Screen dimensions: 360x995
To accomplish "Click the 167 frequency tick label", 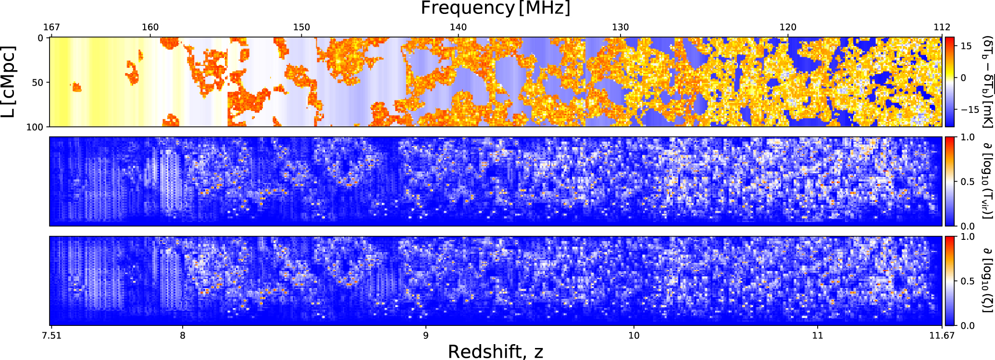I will point(51,27).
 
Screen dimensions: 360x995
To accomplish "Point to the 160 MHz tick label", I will point(150,27).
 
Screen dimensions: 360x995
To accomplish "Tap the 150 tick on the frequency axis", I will point(302,27).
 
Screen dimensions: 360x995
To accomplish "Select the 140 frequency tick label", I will point(458,27).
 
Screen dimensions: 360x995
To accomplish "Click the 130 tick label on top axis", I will point(621,27).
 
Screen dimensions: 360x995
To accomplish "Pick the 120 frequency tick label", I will point(788,27).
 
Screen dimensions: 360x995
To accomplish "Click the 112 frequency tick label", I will point(942,27).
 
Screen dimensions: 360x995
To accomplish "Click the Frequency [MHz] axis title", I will point(496,9).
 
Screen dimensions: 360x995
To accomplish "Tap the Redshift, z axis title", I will point(496,352).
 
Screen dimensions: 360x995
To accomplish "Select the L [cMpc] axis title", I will point(9,82).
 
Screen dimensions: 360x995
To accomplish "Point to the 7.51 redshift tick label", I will point(51,335).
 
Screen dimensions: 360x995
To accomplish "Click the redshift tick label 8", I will point(183,335).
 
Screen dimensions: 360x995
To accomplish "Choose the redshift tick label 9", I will point(425,335).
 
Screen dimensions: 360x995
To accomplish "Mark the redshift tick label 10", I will point(634,335).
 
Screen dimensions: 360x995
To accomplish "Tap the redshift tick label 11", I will point(818,335).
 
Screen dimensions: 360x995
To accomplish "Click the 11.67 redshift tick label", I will point(942,335).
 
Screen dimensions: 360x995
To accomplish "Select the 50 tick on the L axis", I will point(37,83).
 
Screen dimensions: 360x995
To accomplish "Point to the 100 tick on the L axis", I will point(35,127).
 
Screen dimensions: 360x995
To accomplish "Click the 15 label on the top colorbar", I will point(966,46).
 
